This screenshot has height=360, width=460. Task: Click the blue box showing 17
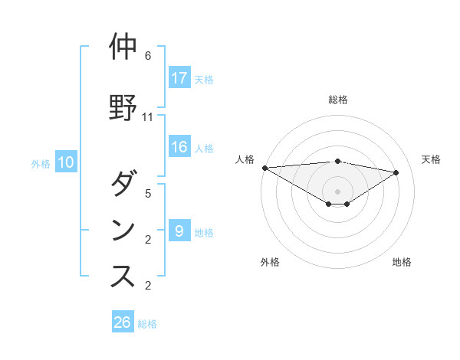tap(179, 78)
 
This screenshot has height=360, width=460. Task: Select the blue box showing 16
tap(179, 148)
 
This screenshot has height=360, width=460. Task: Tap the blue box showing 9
tap(179, 231)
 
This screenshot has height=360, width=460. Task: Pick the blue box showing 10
tap(66, 162)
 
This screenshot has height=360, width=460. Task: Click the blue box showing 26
tap(123, 322)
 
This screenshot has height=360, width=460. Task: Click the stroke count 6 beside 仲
tap(148, 57)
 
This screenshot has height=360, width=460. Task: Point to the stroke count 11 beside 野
tap(148, 117)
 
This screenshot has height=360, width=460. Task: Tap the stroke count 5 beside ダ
tap(148, 194)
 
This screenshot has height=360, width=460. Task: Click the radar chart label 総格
tap(338, 100)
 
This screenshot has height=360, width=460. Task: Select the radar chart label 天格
tap(431, 159)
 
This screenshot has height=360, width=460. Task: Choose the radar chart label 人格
tap(245, 159)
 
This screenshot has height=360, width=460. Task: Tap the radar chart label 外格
tap(270, 262)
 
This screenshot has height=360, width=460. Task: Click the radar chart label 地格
tap(402, 262)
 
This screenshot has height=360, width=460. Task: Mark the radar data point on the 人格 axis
tap(264, 167)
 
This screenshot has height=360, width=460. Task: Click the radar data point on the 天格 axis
tap(396, 172)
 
